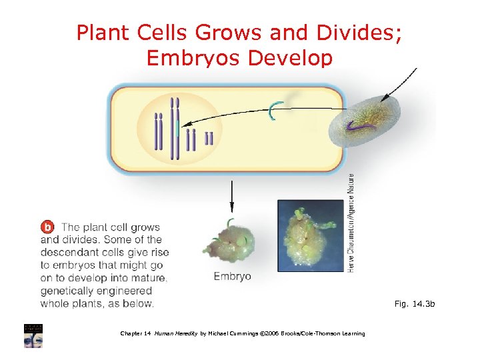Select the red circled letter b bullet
[x=48, y=227]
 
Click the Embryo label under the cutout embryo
[x=232, y=276]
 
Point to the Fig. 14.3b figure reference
[x=414, y=304]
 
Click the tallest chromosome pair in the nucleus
[x=175, y=128]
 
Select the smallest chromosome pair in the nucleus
[x=209, y=138]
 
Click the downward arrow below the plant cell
[x=232, y=196]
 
